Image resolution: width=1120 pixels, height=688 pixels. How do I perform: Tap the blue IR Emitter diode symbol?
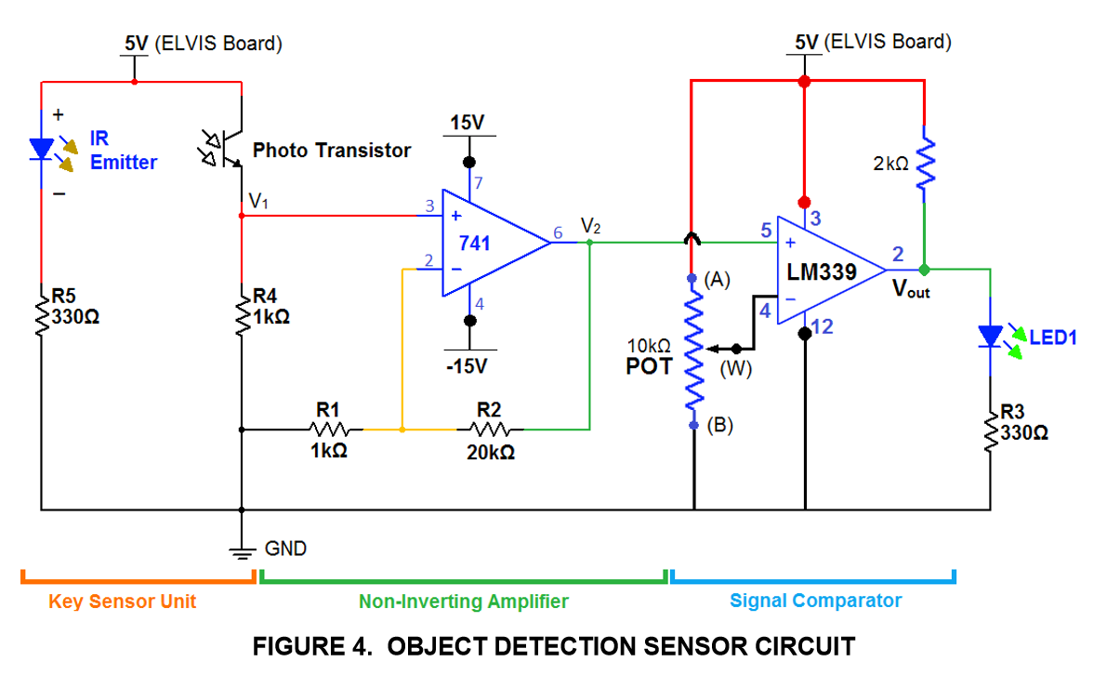point(42,149)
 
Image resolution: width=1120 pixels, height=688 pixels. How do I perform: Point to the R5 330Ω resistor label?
point(75,306)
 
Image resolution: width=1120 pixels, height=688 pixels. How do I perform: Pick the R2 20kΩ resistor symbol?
point(489,430)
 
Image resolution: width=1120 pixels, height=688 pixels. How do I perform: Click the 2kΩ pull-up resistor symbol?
point(924,165)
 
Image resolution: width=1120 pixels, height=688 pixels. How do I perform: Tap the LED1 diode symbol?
point(991,336)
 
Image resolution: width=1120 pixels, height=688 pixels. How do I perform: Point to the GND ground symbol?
point(242,550)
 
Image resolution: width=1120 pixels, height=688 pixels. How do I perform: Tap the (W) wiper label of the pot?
point(735,369)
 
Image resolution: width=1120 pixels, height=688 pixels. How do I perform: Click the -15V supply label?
point(467,366)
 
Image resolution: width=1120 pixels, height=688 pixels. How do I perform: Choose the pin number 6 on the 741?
point(557,232)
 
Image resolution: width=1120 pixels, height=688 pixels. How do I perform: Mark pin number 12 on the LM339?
point(821,326)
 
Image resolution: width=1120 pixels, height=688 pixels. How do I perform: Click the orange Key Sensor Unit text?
point(123,602)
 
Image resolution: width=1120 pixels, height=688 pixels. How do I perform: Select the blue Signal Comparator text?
point(815,601)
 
